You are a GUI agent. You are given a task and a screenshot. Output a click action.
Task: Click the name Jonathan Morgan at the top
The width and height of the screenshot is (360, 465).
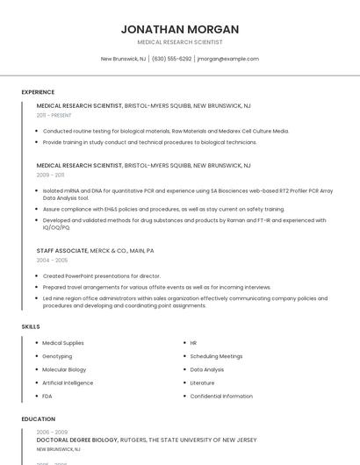180,29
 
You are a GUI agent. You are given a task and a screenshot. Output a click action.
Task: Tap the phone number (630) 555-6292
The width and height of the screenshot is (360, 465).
171,59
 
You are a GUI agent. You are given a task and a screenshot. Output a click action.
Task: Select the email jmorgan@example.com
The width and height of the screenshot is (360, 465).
227,59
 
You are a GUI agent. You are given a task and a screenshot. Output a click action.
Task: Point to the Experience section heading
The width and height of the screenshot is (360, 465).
38,92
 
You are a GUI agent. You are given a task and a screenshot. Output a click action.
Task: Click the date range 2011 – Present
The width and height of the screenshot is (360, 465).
54,115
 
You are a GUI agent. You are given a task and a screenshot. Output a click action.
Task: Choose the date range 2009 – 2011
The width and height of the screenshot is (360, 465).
50,175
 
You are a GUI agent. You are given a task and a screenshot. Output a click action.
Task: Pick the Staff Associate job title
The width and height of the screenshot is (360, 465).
62,250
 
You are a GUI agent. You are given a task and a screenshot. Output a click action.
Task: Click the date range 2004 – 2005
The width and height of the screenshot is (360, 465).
52,261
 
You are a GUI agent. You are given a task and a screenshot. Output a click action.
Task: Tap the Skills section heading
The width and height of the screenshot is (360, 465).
31,326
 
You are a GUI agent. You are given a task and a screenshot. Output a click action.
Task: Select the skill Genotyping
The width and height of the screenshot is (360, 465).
57,356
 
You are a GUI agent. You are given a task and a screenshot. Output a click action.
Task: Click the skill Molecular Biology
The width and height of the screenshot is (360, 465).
64,369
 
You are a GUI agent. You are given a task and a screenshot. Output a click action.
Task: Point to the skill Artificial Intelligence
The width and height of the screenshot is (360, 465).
68,383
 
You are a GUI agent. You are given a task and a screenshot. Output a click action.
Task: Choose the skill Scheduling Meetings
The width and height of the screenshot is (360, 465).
216,356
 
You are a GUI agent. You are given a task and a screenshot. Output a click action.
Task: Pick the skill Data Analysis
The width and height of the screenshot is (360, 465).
207,369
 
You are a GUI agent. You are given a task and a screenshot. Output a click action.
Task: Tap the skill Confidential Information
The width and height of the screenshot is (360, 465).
221,396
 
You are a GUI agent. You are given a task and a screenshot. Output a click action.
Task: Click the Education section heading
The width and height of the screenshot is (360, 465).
37,419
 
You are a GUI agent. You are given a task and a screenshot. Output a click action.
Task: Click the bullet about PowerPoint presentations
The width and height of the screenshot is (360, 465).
101,275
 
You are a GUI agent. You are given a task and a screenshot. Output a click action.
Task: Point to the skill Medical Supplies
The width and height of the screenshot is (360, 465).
63,343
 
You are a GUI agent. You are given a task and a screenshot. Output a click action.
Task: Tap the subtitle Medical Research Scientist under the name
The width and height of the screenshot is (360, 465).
180,42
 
